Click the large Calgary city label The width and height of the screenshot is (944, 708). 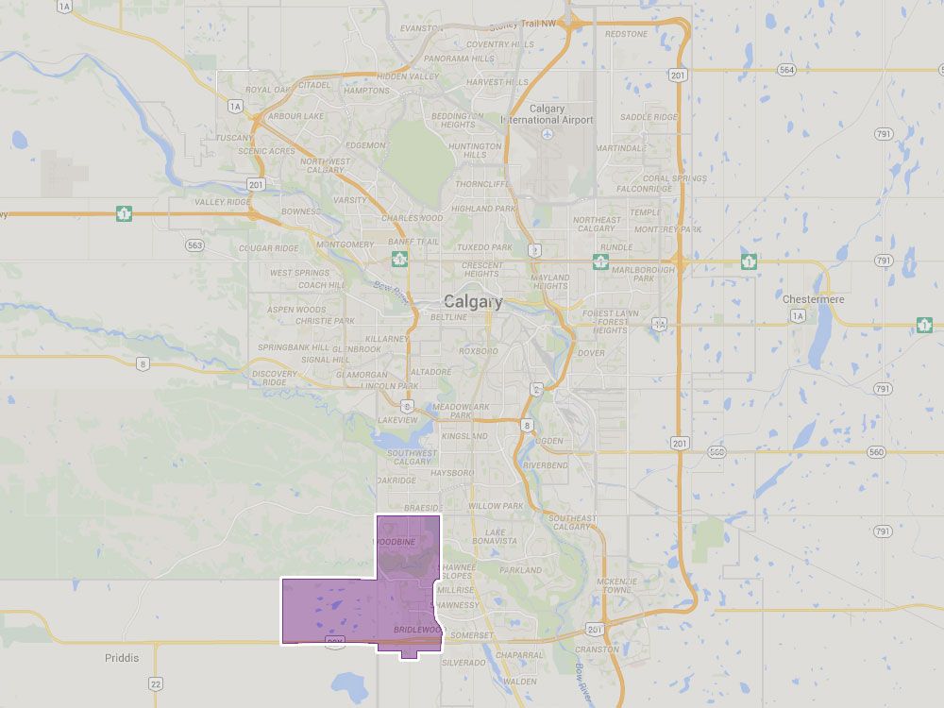tap(474, 301)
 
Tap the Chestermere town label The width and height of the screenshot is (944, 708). tap(814, 298)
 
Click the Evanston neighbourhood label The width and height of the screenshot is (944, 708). tap(421, 28)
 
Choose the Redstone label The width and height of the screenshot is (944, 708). tap(627, 34)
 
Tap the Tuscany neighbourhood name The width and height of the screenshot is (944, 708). tap(234, 137)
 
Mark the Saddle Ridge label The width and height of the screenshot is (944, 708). tap(649, 117)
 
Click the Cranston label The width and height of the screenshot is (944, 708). tap(597, 649)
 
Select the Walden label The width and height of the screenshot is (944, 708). tap(520, 681)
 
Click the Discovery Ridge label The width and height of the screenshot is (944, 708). tap(276, 378)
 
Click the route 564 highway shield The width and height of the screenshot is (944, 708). tap(786, 70)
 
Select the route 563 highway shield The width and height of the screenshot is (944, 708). tap(194, 244)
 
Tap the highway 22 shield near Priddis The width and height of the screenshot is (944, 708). tap(156, 683)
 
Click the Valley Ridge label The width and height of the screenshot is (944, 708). tap(223, 202)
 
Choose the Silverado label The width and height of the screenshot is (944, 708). tap(463, 663)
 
